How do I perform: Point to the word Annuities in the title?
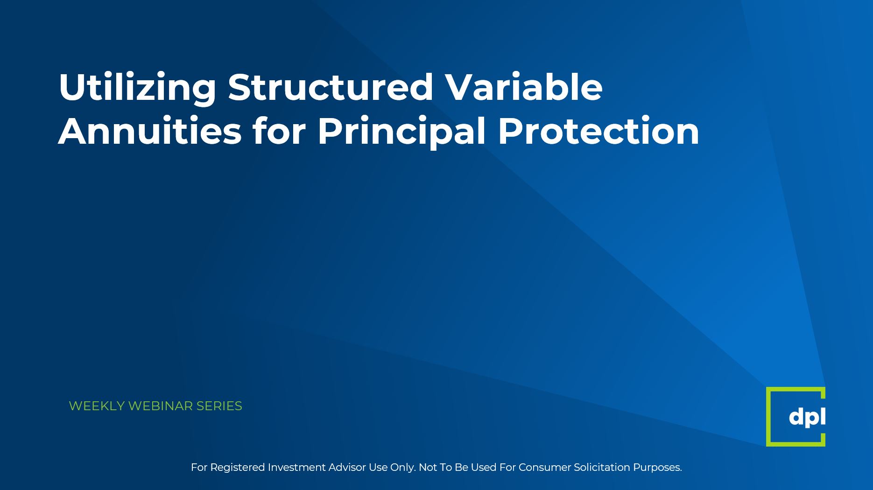(x=150, y=131)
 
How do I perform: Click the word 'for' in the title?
(x=280, y=131)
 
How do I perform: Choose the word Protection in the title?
(x=599, y=131)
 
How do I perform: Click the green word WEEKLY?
(x=97, y=406)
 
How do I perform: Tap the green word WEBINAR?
(x=161, y=406)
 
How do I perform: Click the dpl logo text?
(x=807, y=417)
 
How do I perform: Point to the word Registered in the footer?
(x=238, y=468)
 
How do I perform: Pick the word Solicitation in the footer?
(x=602, y=467)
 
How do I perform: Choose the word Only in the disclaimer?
(x=402, y=468)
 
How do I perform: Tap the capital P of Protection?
(x=510, y=131)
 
